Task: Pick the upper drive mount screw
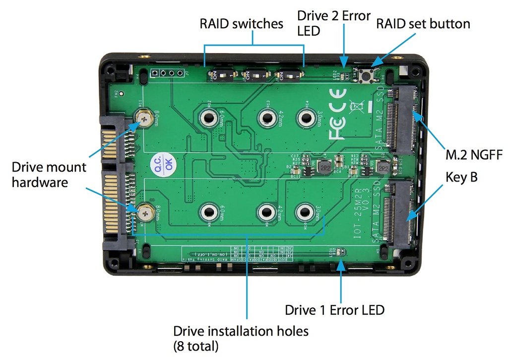144,118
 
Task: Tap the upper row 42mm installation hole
266,118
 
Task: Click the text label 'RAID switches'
242,23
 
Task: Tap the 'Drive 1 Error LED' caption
334,310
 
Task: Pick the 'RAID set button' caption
423,23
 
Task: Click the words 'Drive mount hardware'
49,175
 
